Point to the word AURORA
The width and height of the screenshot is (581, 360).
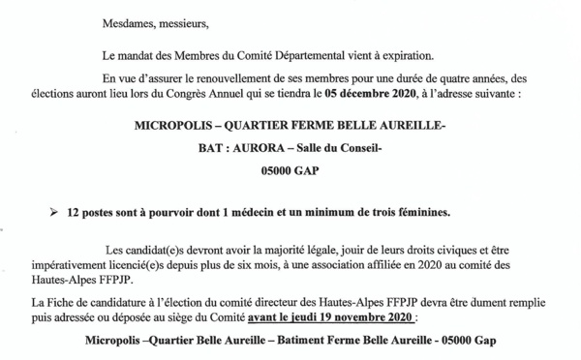[253, 148]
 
